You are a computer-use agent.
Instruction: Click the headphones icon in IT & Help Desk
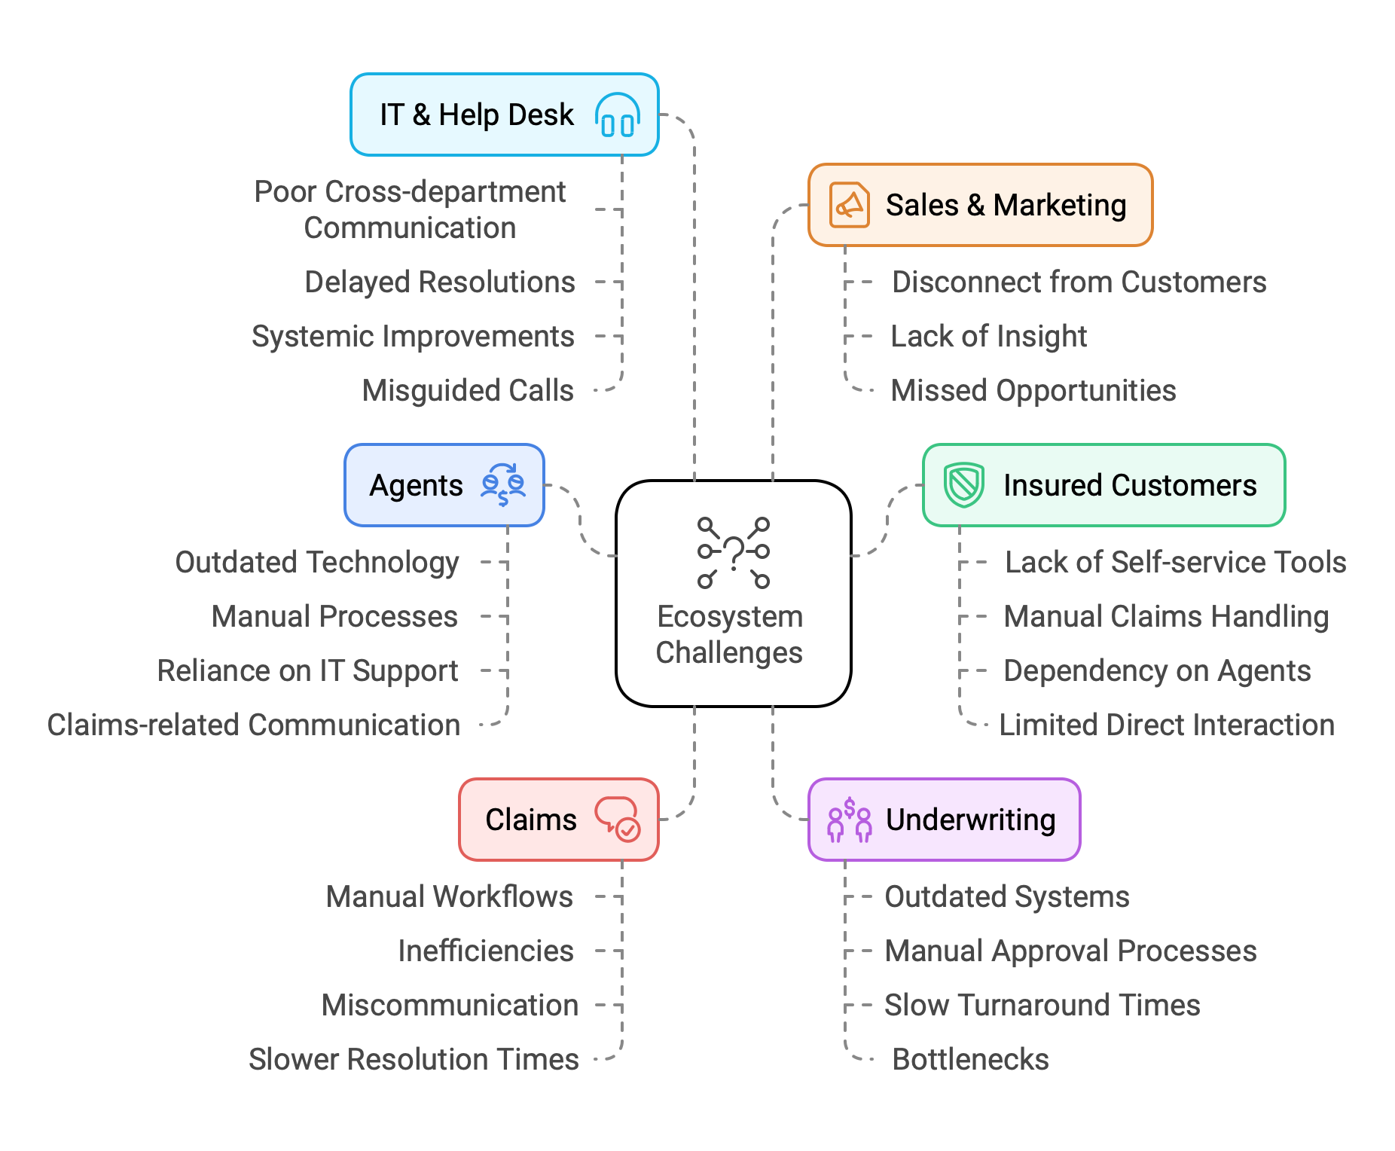[x=618, y=115]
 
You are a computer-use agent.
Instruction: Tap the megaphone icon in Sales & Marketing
[x=849, y=205]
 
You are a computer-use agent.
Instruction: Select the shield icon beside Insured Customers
[x=963, y=485]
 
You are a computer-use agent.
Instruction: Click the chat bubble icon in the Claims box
[x=618, y=820]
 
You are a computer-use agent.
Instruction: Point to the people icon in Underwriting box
[x=849, y=820]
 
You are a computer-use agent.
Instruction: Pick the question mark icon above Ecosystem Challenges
[x=733, y=552]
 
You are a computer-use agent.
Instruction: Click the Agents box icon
[x=503, y=485]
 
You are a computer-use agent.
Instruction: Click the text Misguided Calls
[x=467, y=390]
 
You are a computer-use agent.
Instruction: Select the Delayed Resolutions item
[x=439, y=282]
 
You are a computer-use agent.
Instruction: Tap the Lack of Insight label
[x=988, y=336]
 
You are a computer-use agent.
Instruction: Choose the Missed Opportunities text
[x=1033, y=390]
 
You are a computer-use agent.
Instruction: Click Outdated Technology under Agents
[x=316, y=562]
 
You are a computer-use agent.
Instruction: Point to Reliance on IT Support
[x=307, y=670]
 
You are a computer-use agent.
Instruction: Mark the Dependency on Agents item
[x=1157, y=670]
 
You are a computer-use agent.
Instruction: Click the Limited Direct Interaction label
[x=1166, y=725]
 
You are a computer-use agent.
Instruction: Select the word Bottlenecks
[x=970, y=1059]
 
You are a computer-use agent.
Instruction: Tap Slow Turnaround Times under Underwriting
[x=1042, y=1005]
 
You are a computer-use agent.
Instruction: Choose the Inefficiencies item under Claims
[x=485, y=951]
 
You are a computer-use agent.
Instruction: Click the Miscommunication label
[x=450, y=1005]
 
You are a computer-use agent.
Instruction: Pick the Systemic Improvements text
[x=413, y=336]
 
